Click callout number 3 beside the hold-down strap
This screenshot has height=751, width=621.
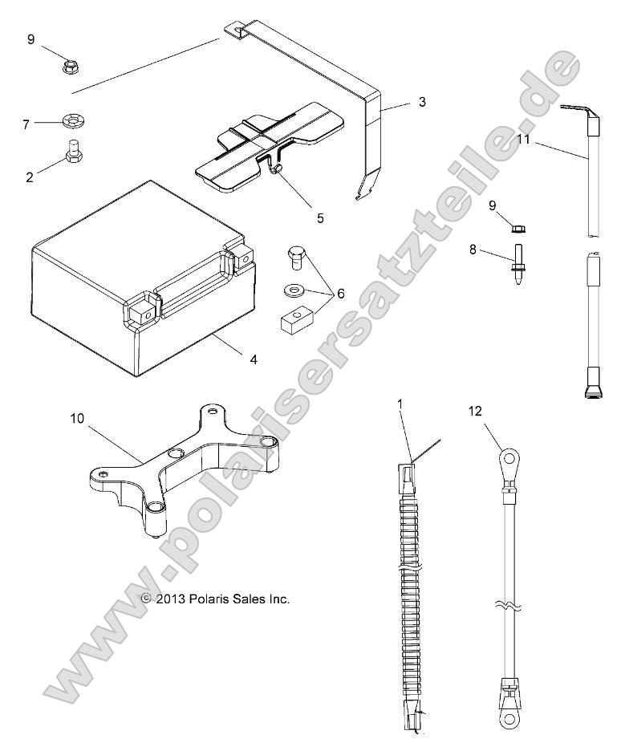[421, 103]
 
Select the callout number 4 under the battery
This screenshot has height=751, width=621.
[254, 359]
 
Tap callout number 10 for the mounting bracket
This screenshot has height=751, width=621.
[77, 419]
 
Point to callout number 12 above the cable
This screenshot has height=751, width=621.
[476, 412]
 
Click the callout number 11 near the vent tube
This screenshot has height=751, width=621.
[524, 140]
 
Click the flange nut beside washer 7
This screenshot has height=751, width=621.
[70, 64]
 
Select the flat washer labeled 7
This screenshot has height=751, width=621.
[73, 123]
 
